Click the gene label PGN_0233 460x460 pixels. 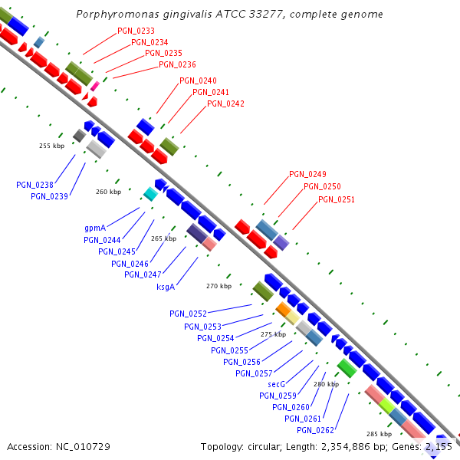pos(136,31)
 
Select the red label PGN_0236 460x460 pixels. pos(177,64)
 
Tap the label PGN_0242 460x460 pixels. pos(225,103)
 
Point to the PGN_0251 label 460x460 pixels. pos(337,199)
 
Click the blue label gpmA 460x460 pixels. pos(95,228)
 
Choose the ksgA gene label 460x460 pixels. pos(166,287)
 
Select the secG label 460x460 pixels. pos(276,384)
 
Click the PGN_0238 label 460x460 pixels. pos(34,185)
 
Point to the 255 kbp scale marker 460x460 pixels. pos(52,146)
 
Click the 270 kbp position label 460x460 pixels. pos(219,286)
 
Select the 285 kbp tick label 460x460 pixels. pos(379,434)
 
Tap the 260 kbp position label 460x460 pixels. pos(108,192)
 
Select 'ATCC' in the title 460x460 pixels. pos(247,14)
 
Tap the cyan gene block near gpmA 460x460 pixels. pos(150,195)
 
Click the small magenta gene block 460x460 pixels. pos(94,86)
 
